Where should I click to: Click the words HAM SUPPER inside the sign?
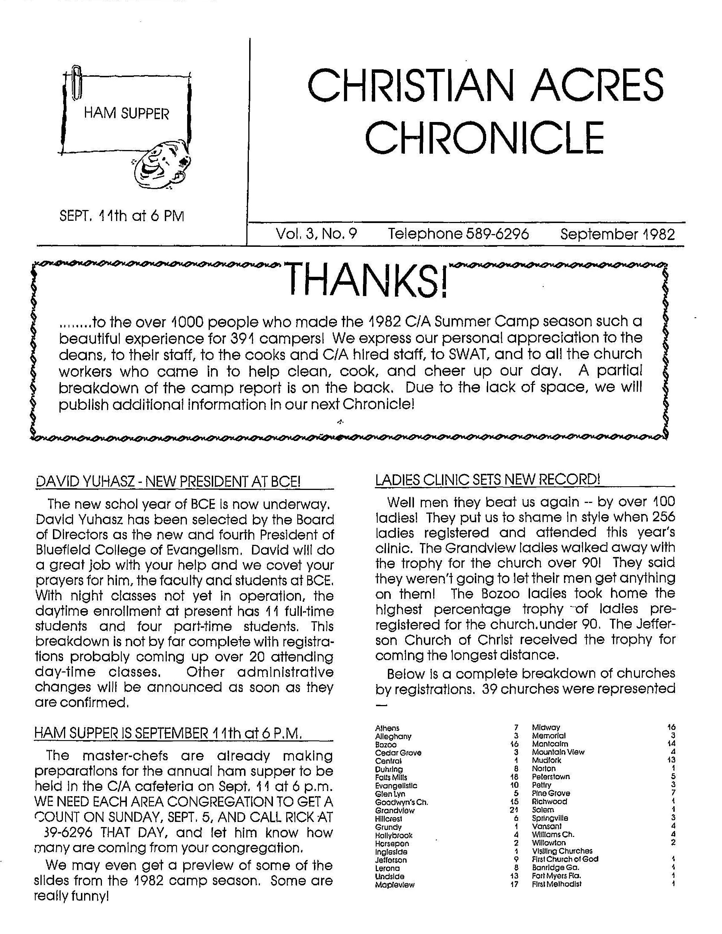pos(126,114)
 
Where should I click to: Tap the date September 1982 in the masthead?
pos(617,234)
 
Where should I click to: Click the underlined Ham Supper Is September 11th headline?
pos(168,733)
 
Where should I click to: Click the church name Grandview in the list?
pos(394,810)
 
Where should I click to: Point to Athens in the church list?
pos(387,728)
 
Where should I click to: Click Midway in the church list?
pos(546,727)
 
